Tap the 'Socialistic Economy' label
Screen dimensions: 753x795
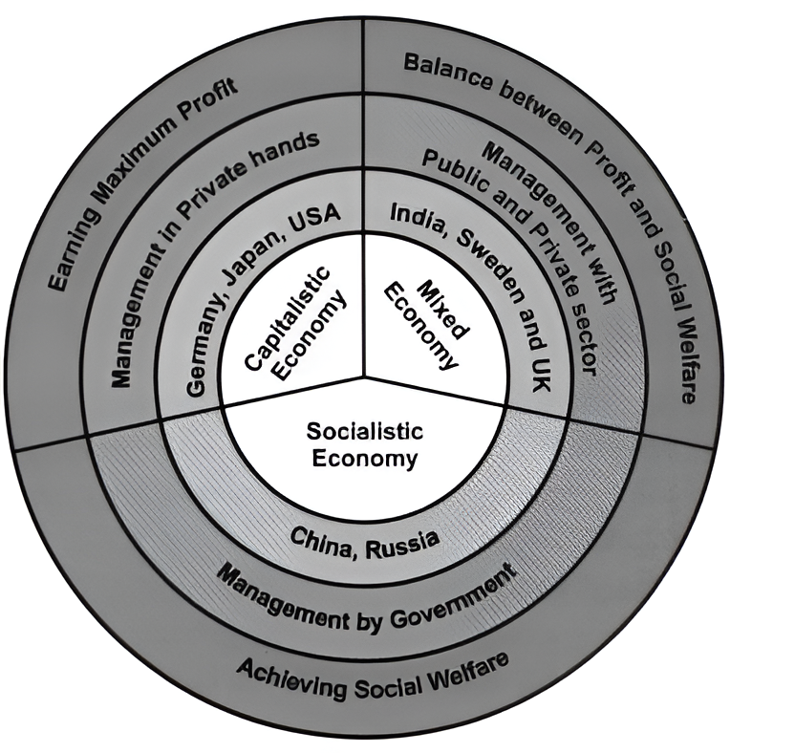(x=362, y=444)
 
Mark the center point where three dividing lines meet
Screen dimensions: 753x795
(x=363, y=376)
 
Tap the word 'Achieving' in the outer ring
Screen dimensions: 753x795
(x=287, y=671)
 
